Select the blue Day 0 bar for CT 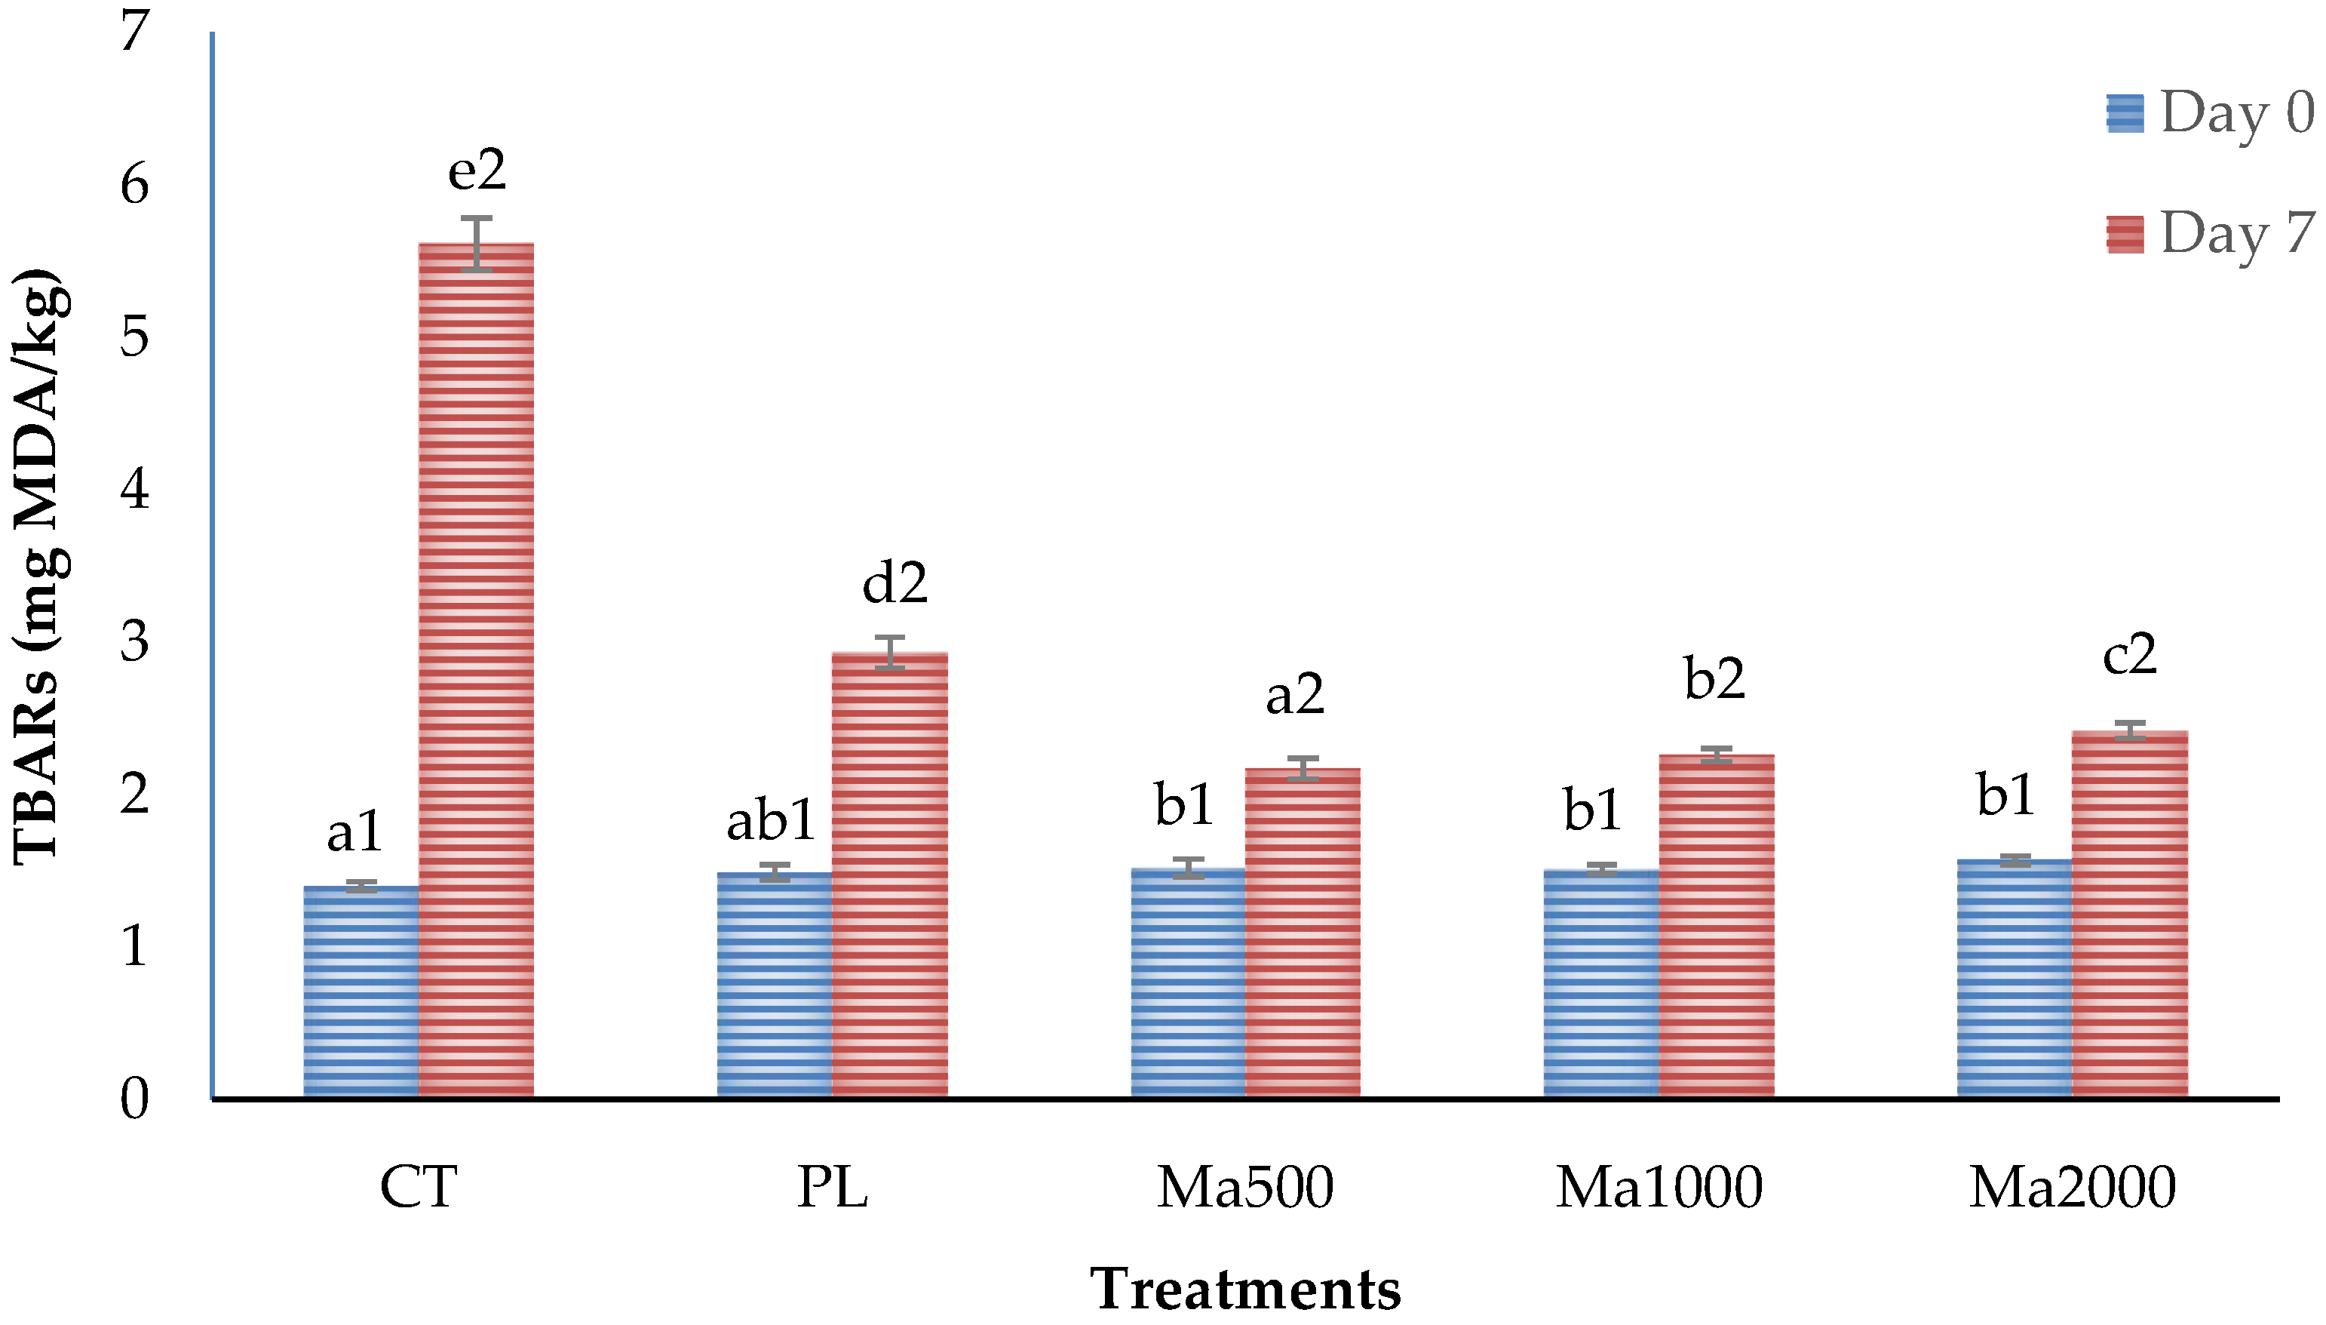click(x=361, y=992)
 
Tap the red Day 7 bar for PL click(x=890, y=874)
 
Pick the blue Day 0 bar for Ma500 click(x=1187, y=983)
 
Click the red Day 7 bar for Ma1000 click(x=1716, y=924)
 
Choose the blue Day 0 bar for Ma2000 click(x=2014, y=978)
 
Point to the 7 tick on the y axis click(x=135, y=32)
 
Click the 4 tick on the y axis click(x=135, y=490)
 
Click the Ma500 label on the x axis click(x=1244, y=1188)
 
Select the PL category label click(x=831, y=1188)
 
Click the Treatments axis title click(x=1244, y=1290)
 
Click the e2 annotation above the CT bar click(x=477, y=171)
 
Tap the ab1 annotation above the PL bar click(x=771, y=820)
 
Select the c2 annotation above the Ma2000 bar click(x=2129, y=654)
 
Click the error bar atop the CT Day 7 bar click(x=476, y=243)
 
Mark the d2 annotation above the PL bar click(x=894, y=583)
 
